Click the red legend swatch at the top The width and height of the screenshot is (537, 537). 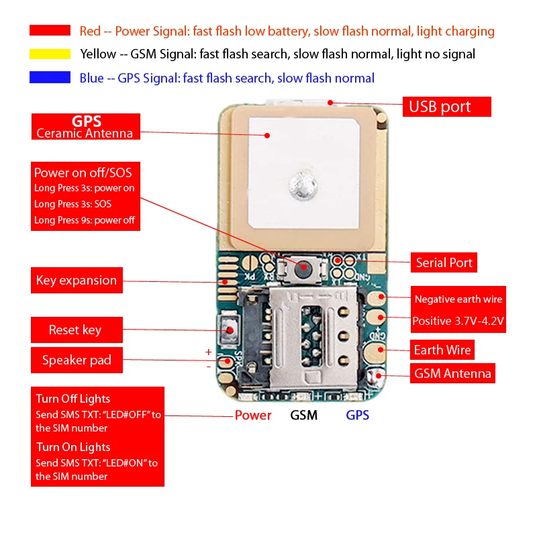(50, 30)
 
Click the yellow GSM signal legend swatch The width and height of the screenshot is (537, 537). (50, 54)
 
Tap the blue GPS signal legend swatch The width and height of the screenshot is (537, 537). (50, 78)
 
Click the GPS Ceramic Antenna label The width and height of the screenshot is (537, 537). (85, 127)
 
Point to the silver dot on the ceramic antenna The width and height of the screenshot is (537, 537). (300, 185)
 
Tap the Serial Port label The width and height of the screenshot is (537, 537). (444, 262)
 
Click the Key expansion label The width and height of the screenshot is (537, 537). (77, 281)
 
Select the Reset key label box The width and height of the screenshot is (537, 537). (75, 330)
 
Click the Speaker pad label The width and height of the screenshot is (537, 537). (77, 360)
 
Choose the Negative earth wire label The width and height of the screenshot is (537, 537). (458, 299)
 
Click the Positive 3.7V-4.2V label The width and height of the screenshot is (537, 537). (458, 321)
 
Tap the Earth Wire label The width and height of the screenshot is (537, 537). (442, 350)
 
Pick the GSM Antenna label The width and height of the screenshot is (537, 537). (452, 373)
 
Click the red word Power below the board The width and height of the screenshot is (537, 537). (253, 416)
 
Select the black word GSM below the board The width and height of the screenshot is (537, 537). (303, 416)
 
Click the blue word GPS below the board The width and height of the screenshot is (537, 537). (357, 416)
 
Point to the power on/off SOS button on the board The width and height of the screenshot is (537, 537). (304, 268)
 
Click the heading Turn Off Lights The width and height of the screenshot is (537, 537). (73, 399)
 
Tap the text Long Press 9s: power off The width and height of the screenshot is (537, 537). (85, 220)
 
